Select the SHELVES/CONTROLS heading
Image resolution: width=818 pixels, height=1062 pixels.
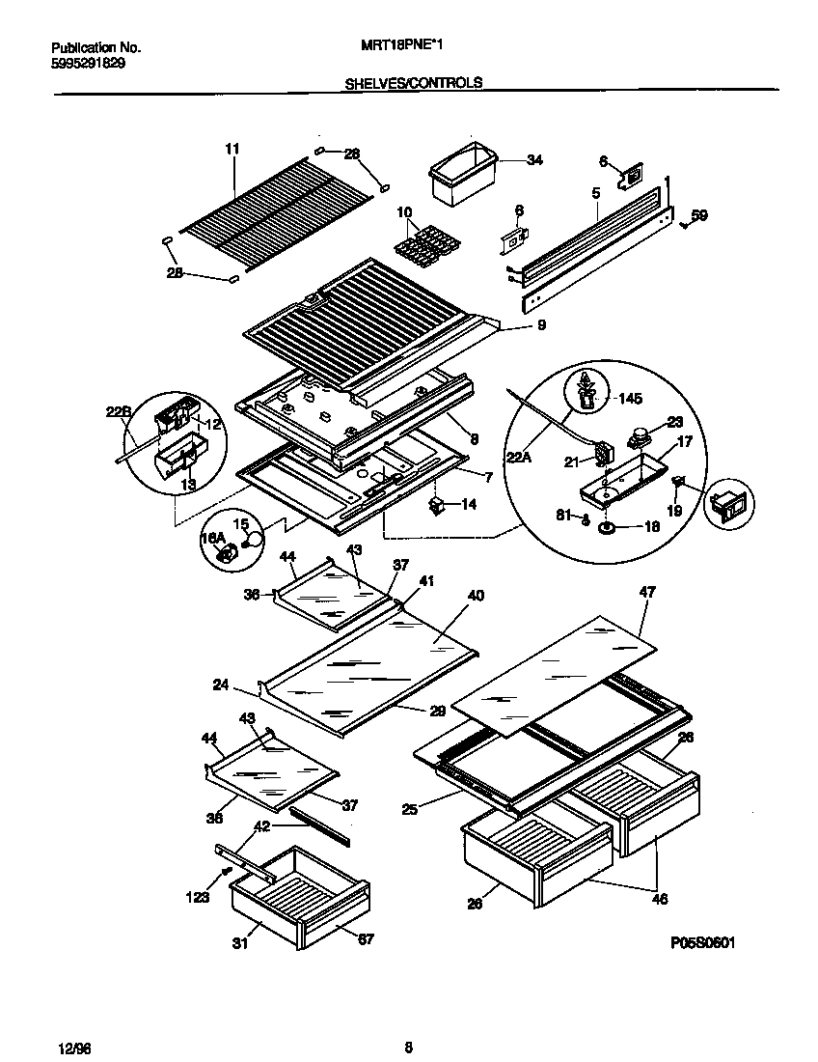pos(413,84)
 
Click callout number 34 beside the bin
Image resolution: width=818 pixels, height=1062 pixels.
pos(534,160)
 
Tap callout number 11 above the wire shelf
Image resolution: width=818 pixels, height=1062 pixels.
pos(232,149)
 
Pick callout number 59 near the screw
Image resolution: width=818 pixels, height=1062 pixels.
pos(699,215)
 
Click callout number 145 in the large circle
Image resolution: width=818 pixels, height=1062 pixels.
pos(628,398)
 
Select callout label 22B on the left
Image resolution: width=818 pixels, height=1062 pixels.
pos(118,412)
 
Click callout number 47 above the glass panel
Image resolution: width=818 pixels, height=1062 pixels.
pos(646,592)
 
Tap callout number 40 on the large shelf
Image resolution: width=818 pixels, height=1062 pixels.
pos(475,597)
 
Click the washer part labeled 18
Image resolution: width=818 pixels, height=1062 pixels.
pos(608,527)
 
